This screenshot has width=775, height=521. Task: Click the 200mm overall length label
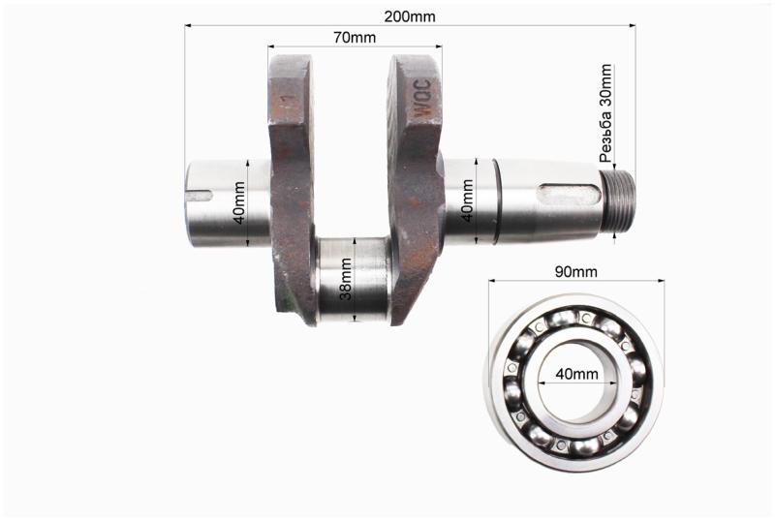click(410, 16)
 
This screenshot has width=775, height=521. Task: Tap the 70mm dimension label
click(354, 38)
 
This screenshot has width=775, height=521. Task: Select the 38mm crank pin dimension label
click(346, 279)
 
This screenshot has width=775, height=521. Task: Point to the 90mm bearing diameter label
click(575, 271)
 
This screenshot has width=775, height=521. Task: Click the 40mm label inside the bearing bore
click(576, 374)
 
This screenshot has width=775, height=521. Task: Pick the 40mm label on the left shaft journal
click(238, 202)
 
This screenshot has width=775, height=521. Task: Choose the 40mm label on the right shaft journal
click(467, 200)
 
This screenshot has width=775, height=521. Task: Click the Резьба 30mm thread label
click(605, 113)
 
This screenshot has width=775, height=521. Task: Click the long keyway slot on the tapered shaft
click(569, 194)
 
